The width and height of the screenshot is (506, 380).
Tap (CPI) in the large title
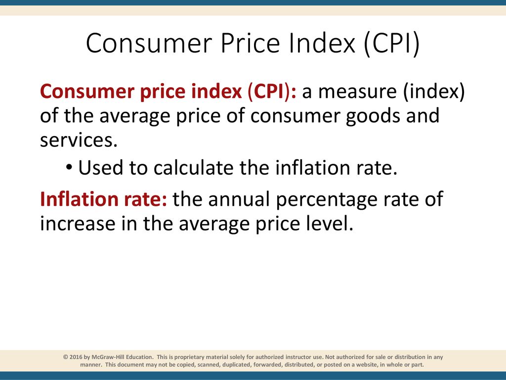pyautogui.click(x=391, y=44)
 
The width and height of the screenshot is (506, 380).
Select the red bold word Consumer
pyautogui.click(x=87, y=92)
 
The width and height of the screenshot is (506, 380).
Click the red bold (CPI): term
pyautogui.click(x=272, y=92)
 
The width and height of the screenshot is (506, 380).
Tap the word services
pyautogui.click(x=79, y=140)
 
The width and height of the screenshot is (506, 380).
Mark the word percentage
pyautogui.click(x=327, y=201)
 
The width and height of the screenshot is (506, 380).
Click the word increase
pyautogui.click(x=78, y=224)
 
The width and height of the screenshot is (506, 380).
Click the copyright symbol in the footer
pyautogui.click(x=66, y=357)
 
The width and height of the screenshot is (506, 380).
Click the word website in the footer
pyautogui.click(x=367, y=365)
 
